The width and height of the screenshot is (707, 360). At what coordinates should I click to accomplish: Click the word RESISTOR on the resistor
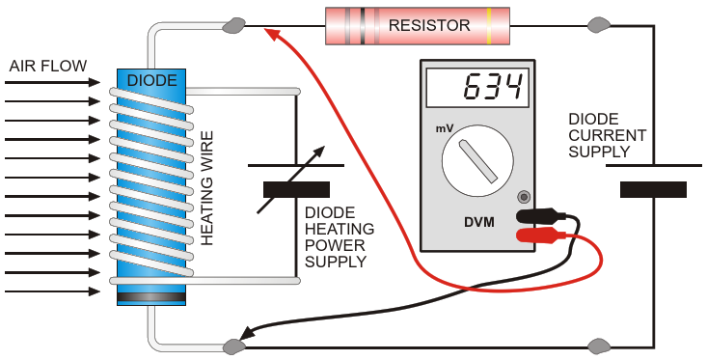point(429,25)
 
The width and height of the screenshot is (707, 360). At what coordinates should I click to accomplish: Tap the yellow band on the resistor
point(489,26)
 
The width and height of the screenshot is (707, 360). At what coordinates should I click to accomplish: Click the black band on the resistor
point(363,26)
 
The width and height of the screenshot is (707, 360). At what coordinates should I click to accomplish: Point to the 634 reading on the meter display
point(493,87)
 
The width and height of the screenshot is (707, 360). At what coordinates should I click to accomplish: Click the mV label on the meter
point(444,128)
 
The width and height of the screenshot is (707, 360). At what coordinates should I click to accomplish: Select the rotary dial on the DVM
point(477,161)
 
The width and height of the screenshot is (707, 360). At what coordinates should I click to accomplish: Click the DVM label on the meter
point(479,222)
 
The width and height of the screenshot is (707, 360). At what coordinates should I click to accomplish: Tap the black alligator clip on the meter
point(541,215)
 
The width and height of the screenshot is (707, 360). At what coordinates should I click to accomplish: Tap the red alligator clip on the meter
point(541,235)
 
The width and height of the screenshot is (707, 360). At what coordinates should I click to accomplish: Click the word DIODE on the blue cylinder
point(152,80)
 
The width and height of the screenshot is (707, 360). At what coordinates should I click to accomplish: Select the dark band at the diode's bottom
point(151,297)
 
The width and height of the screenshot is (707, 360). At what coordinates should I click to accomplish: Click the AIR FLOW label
point(48,66)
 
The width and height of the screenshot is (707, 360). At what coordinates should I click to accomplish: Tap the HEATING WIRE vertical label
point(206,188)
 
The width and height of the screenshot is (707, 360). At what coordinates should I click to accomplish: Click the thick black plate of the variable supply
point(296,189)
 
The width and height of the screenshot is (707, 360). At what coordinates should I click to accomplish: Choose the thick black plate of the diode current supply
point(653,189)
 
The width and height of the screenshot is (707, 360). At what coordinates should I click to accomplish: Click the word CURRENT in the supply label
point(608,135)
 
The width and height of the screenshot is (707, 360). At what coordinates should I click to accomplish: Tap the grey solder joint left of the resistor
point(234,25)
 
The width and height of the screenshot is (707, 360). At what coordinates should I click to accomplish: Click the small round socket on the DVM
point(524,197)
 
